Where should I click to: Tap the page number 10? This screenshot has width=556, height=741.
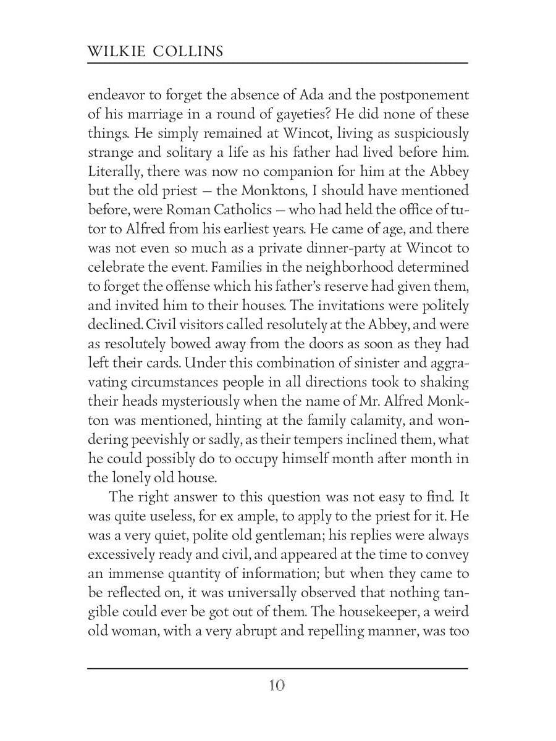pos(277,685)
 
